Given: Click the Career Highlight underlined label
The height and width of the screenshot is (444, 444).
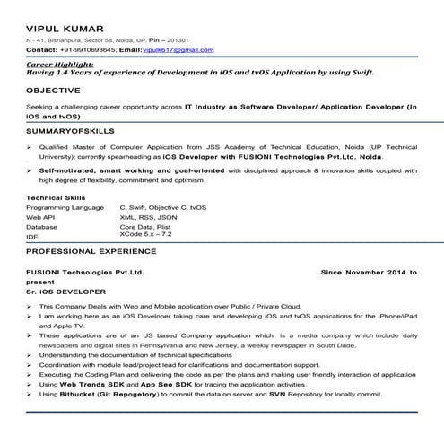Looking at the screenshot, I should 60,65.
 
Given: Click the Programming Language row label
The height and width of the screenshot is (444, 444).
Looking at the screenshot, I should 65,207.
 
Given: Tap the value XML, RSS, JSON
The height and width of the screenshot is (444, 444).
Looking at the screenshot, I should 148,217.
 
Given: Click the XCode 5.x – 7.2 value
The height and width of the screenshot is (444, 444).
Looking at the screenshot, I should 148,234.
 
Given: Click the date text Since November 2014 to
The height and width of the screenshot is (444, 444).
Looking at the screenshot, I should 368,270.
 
